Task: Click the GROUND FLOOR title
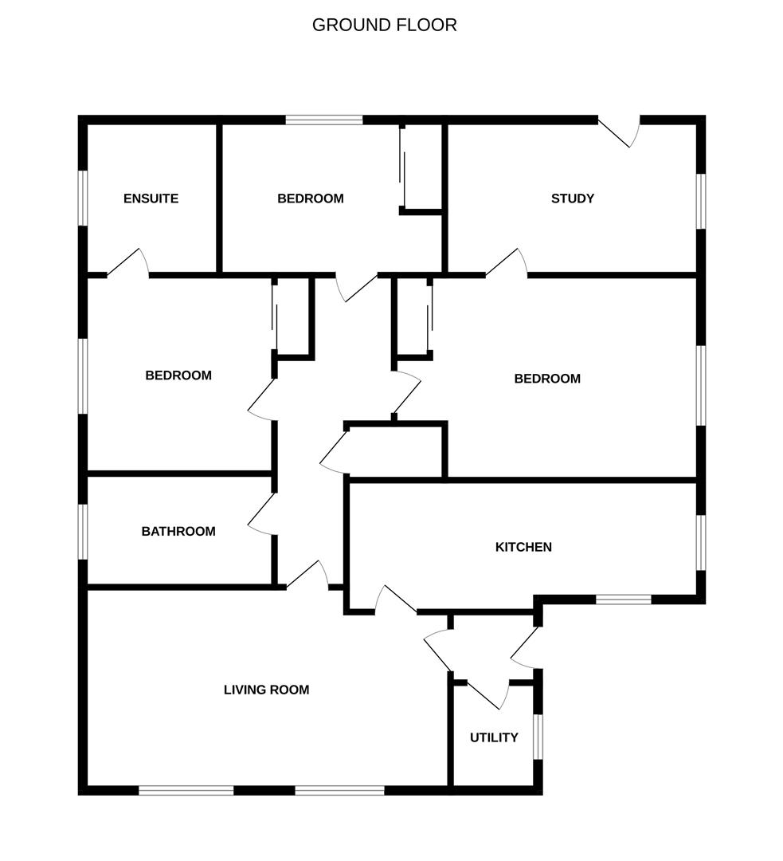(384, 25)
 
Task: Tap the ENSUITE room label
(151, 199)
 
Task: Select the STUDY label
(572, 199)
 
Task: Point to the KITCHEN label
(523, 547)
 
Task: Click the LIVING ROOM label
(266, 690)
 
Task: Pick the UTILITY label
(494, 737)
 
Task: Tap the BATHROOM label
(178, 531)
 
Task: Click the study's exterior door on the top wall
(619, 132)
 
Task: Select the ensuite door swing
(128, 262)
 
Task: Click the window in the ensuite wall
(83, 198)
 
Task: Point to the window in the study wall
(701, 200)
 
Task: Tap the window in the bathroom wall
(83, 532)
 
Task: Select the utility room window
(538, 737)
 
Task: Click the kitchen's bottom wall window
(624, 599)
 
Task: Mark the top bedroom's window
(324, 120)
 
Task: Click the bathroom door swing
(262, 514)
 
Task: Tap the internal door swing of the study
(507, 262)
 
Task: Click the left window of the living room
(186, 790)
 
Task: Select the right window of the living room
(339, 790)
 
